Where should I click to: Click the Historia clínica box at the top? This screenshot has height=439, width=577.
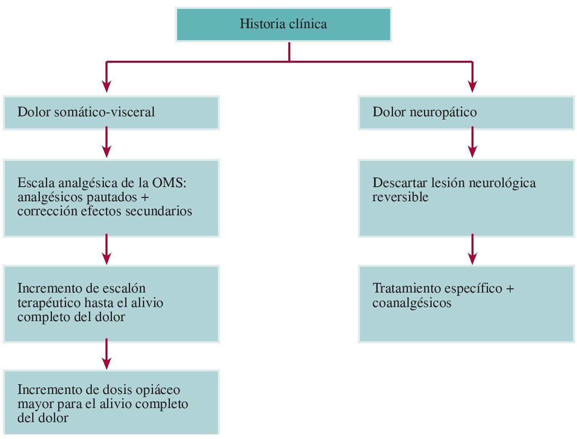[x=283, y=24]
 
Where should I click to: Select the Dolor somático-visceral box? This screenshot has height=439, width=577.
[x=111, y=112]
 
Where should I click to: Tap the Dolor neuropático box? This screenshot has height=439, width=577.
[x=466, y=112]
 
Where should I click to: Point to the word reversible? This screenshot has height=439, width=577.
[x=400, y=197]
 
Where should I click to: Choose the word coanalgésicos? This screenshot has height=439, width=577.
[x=412, y=303]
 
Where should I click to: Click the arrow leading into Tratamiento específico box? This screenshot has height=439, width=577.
[x=472, y=249]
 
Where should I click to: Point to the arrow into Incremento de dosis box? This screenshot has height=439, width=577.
[x=106, y=354]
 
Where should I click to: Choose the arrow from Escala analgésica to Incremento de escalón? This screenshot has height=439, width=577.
[x=106, y=249]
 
